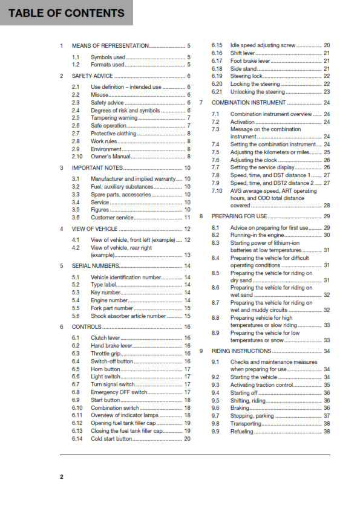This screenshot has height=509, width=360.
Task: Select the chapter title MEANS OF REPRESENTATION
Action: (x=110, y=45)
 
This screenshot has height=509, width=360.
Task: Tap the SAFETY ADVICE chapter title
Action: (x=92, y=76)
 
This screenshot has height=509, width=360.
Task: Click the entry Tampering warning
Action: (x=114, y=118)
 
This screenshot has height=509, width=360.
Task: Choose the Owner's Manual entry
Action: (x=111, y=157)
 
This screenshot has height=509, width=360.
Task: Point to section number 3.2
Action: (x=76, y=187)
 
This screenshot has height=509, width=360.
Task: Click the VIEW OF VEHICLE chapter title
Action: (x=94, y=229)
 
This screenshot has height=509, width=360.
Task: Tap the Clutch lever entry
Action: (x=106, y=337)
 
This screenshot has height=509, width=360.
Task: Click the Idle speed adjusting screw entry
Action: (x=263, y=45)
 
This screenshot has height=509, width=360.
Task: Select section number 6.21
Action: (x=217, y=92)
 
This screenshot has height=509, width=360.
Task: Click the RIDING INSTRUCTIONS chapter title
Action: (x=249, y=351)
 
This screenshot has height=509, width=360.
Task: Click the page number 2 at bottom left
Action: (x=61, y=477)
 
